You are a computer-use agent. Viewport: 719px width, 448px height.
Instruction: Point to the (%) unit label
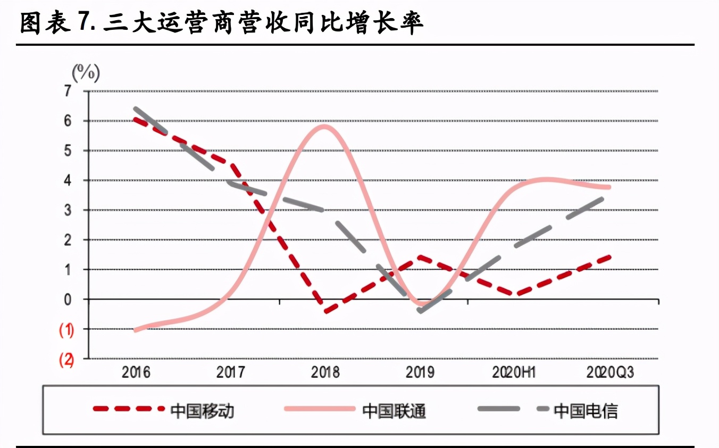tap(86, 72)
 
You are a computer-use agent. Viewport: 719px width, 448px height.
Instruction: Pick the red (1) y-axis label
tap(66, 330)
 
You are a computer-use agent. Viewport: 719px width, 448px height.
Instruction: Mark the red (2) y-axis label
tap(66, 360)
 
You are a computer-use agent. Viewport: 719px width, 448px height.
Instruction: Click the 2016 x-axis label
tap(136, 371)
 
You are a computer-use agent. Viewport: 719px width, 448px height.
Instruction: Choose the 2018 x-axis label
tap(325, 371)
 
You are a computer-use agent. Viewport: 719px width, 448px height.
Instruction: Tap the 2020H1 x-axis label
tap(513, 371)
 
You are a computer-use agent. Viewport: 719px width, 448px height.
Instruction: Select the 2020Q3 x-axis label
tap(610, 371)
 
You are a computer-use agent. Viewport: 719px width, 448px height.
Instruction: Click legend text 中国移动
tap(203, 410)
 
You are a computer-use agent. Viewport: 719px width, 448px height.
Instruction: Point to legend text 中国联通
tap(394, 410)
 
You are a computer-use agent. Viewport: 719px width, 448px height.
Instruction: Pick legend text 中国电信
tap(586, 410)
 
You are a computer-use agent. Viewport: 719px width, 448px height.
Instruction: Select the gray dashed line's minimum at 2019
tap(421, 311)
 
